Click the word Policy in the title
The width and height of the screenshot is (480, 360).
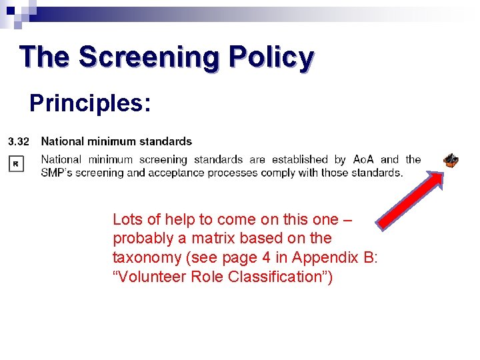pos(270,57)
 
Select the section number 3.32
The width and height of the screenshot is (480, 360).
pos(18,141)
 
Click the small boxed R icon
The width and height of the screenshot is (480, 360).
pos(16,163)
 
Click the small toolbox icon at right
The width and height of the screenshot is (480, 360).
pos(451,160)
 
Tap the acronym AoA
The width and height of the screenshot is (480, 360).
pos(363,159)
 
